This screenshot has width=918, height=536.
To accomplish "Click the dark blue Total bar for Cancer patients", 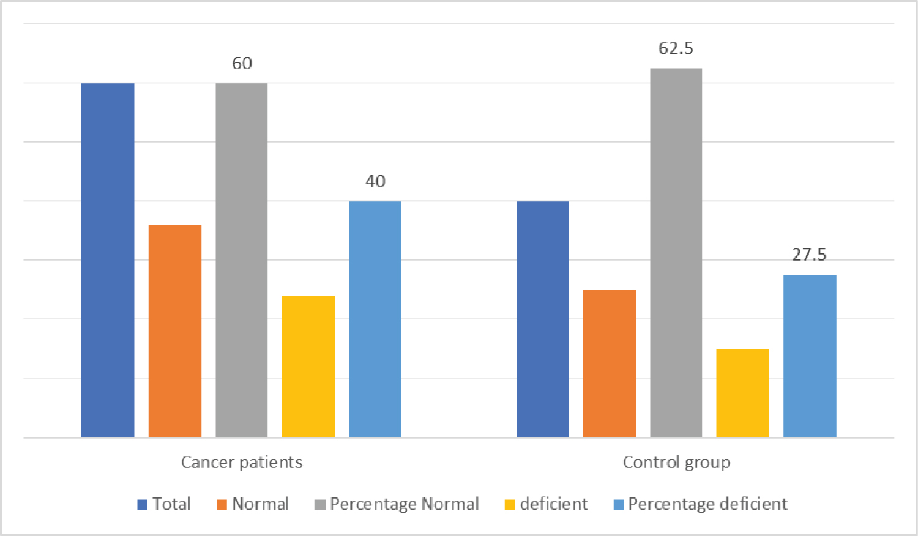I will (x=108, y=260).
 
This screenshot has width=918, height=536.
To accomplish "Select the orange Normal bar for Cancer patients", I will (x=175, y=331).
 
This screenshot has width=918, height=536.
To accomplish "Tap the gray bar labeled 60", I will (x=242, y=260).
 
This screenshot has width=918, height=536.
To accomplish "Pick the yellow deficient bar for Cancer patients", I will (x=308, y=367).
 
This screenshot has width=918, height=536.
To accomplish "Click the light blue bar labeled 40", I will (x=375, y=319).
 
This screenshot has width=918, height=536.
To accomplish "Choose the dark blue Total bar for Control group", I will (x=543, y=319).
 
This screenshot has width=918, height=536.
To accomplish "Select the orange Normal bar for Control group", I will (x=610, y=363).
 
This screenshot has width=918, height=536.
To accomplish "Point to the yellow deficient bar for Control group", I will (x=743, y=393).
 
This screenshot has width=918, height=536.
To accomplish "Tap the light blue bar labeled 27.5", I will (x=810, y=356).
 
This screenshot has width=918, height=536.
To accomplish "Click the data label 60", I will (x=242, y=64).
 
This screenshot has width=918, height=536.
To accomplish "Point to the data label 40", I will (x=375, y=182).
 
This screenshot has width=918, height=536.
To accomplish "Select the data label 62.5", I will (x=676, y=48).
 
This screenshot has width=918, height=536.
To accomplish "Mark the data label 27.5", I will (x=809, y=255).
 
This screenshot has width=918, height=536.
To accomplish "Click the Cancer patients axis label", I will (x=242, y=462).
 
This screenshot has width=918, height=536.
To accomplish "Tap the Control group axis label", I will (x=676, y=462).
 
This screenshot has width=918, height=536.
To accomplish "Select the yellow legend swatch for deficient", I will (x=510, y=505).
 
